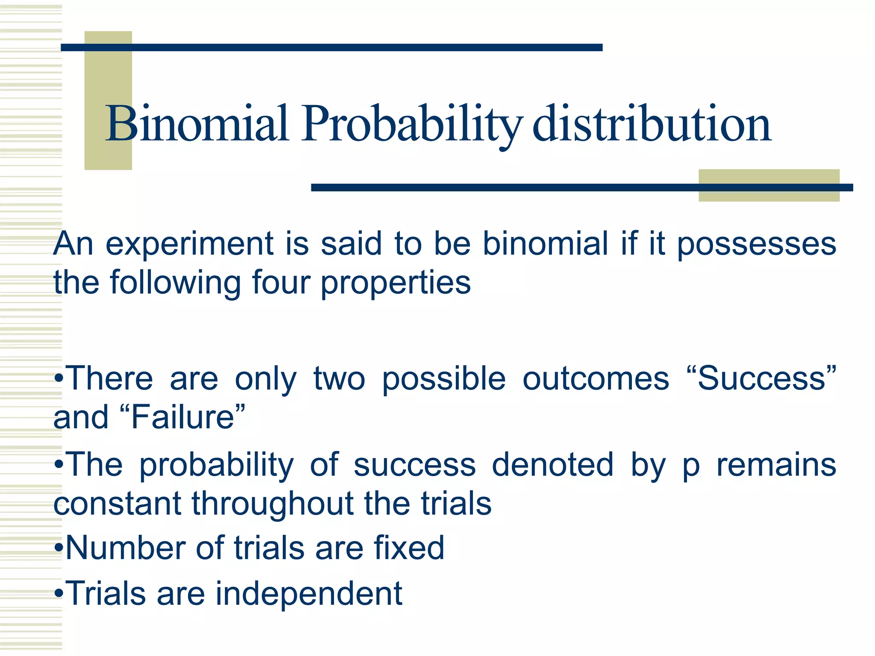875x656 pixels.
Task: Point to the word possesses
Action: (757, 244)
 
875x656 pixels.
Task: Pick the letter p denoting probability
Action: (691, 466)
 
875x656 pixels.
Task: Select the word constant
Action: (117, 504)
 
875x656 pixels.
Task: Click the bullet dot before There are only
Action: (59, 379)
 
